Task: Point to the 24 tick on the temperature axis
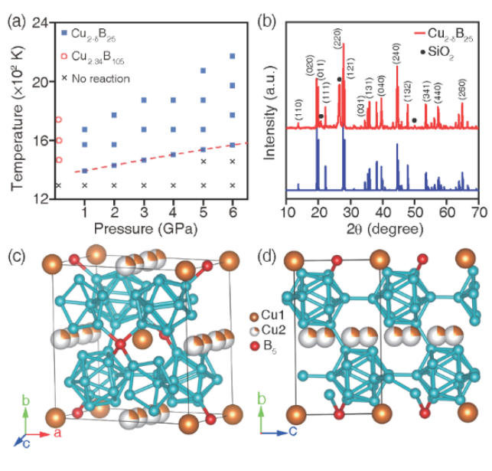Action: coord(41,23)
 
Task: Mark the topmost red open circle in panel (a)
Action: coord(58,120)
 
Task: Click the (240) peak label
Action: coord(396,57)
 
